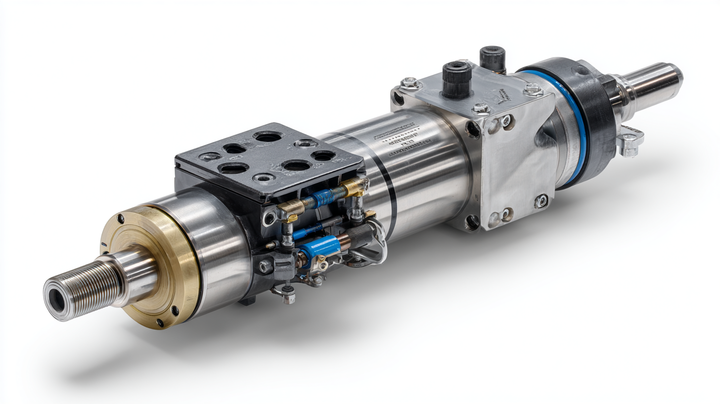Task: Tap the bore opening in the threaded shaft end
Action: click(x=56, y=300)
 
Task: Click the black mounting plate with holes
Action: click(x=267, y=158)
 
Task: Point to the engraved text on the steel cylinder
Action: click(x=403, y=141)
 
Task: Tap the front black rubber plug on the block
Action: click(x=456, y=79)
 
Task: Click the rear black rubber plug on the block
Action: click(x=492, y=58)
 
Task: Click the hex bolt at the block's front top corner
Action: click(x=409, y=83)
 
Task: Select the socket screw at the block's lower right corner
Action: click(x=540, y=201)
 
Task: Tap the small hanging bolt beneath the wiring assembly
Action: click(x=288, y=297)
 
